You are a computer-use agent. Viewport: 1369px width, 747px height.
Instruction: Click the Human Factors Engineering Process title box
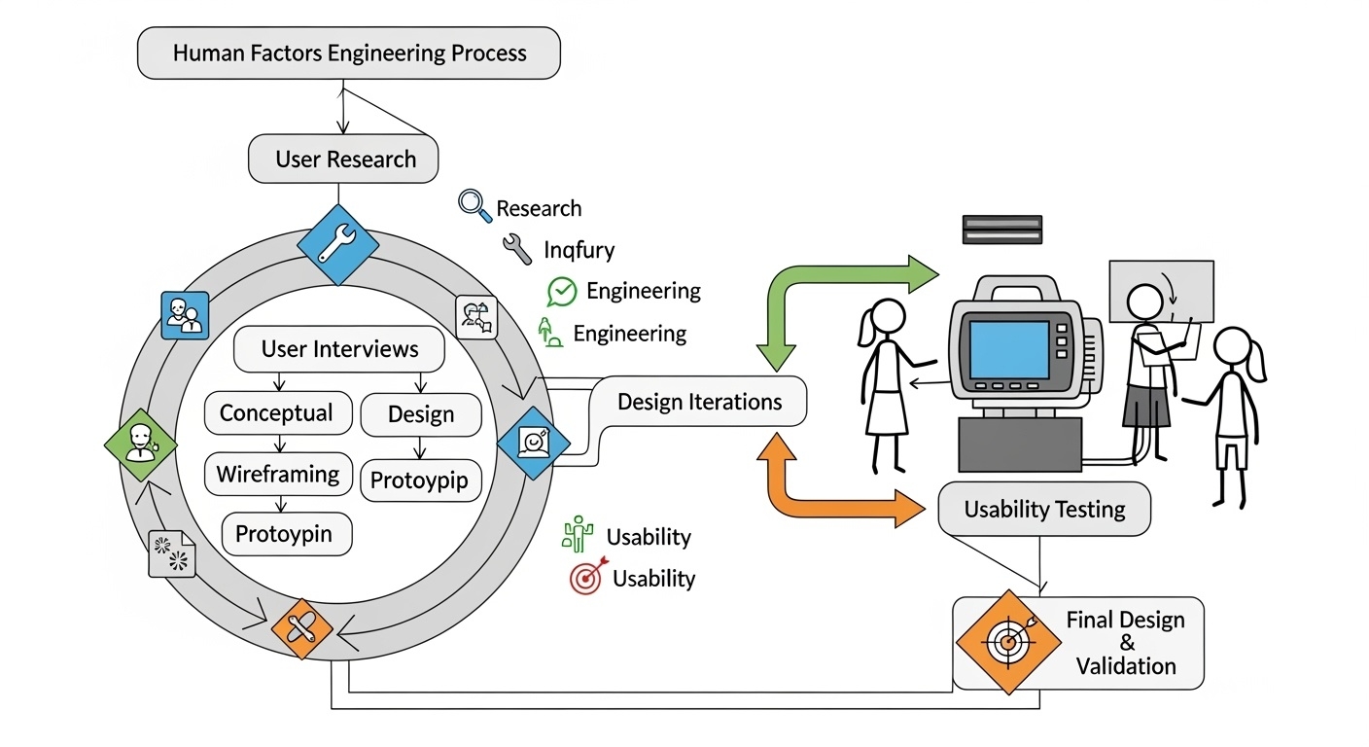(x=349, y=53)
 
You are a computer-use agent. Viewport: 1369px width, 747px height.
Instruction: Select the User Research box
(x=344, y=160)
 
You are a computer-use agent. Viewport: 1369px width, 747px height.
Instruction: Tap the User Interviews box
(x=339, y=349)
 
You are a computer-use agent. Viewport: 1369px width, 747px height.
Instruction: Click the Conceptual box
(x=275, y=413)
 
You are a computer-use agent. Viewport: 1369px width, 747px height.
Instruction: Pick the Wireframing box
(x=277, y=475)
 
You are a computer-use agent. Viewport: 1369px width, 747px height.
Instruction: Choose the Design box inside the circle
(x=420, y=414)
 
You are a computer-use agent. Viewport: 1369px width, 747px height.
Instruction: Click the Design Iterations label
(x=699, y=402)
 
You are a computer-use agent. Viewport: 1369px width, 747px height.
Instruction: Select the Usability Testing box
(x=1043, y=510)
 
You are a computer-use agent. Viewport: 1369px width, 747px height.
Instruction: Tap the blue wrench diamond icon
(x=337, y=244)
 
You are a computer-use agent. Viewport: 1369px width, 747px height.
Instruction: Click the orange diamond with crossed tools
(x=302, y=628)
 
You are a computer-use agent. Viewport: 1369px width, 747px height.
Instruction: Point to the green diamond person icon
(x=141, y=445)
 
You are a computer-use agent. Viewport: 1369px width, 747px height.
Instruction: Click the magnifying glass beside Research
(x=474, y=206)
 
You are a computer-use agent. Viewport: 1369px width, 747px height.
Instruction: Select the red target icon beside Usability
(x=585, y=579)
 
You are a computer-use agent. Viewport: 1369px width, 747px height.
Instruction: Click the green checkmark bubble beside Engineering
(x=562, y=291)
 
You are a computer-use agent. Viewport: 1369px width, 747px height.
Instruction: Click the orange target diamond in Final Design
(x=1006, y=642)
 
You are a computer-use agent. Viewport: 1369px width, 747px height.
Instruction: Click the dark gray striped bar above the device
(x=1001, y=230)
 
